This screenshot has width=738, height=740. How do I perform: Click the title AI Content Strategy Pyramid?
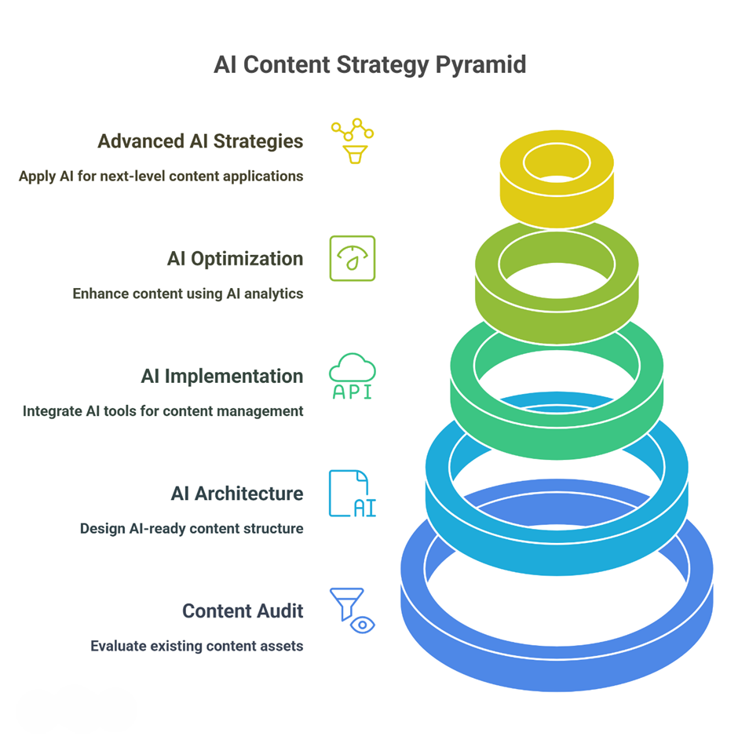coord(370,65)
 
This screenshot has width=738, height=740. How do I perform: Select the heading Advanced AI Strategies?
coord(200,141)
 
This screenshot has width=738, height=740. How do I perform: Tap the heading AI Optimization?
coord(235,259)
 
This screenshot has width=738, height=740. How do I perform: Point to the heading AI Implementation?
coord(222,376)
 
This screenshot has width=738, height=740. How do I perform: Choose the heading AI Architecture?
coord(237,494)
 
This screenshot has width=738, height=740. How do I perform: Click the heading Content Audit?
coord(243,611)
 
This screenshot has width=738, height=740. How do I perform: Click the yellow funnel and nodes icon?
coord(353,140)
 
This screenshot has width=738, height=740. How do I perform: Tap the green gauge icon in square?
coord(353,259)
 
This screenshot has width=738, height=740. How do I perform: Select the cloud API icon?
coord(353,376)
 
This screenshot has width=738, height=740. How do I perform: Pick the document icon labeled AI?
coord(353,494)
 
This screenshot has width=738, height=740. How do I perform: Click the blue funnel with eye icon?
coord(353,611)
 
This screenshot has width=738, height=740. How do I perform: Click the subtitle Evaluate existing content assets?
coord(197,646)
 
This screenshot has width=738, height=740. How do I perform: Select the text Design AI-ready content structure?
coord(192,529)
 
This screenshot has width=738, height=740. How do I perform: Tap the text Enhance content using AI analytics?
coord(188,293)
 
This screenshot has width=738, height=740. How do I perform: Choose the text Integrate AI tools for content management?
coord(163,411)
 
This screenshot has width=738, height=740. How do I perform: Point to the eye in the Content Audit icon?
coord(363,625)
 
